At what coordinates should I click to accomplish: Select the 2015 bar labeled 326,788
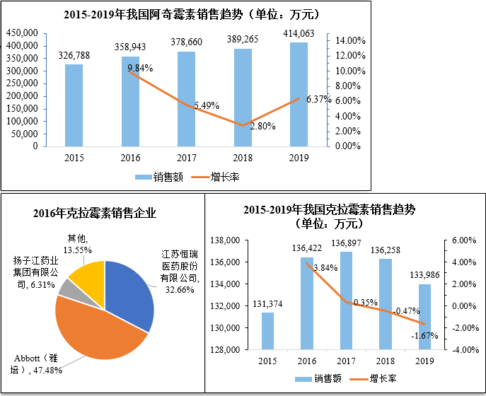tap(74, 105)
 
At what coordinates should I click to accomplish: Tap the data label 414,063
tap(299, 33)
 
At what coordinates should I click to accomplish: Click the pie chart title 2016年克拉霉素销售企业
tap(96, 213)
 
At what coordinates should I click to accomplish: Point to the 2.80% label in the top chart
tap(262, 127)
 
